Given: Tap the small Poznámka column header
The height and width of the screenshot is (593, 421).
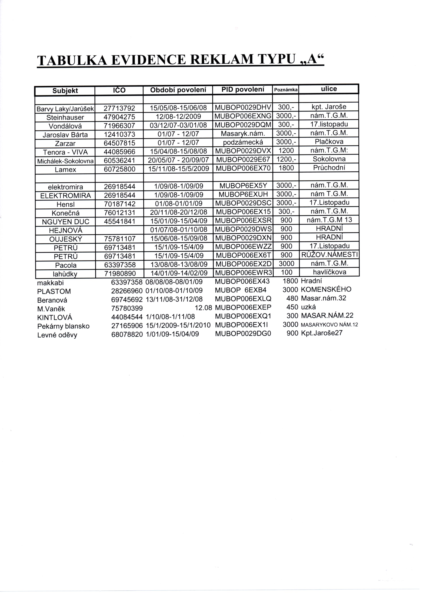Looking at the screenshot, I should pyautogui.click(x=285, y=90).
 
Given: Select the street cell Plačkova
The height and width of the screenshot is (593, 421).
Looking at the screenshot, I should pyautogui.click(x=329, y=142).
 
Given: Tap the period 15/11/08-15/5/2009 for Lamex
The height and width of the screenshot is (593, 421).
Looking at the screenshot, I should pyautogui.click(x=178, y=169).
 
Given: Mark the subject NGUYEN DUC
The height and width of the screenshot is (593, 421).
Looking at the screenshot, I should pyautogui.click(x=66, y=222).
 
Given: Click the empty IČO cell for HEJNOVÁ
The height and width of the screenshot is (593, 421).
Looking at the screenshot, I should pyautogui.click(x=119, y=230).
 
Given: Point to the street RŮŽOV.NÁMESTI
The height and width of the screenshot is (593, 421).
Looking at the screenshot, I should pyautogui.click(x=329, y=255).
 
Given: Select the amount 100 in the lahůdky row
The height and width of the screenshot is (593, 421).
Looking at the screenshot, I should pyautogui.click(x=286, y=272).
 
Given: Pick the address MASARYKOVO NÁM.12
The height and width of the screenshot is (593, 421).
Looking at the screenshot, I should pyautogui.click(x=329, y=325).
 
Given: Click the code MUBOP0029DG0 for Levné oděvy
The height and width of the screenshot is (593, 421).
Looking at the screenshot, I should pyautogui.click(x=243, y=334).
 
